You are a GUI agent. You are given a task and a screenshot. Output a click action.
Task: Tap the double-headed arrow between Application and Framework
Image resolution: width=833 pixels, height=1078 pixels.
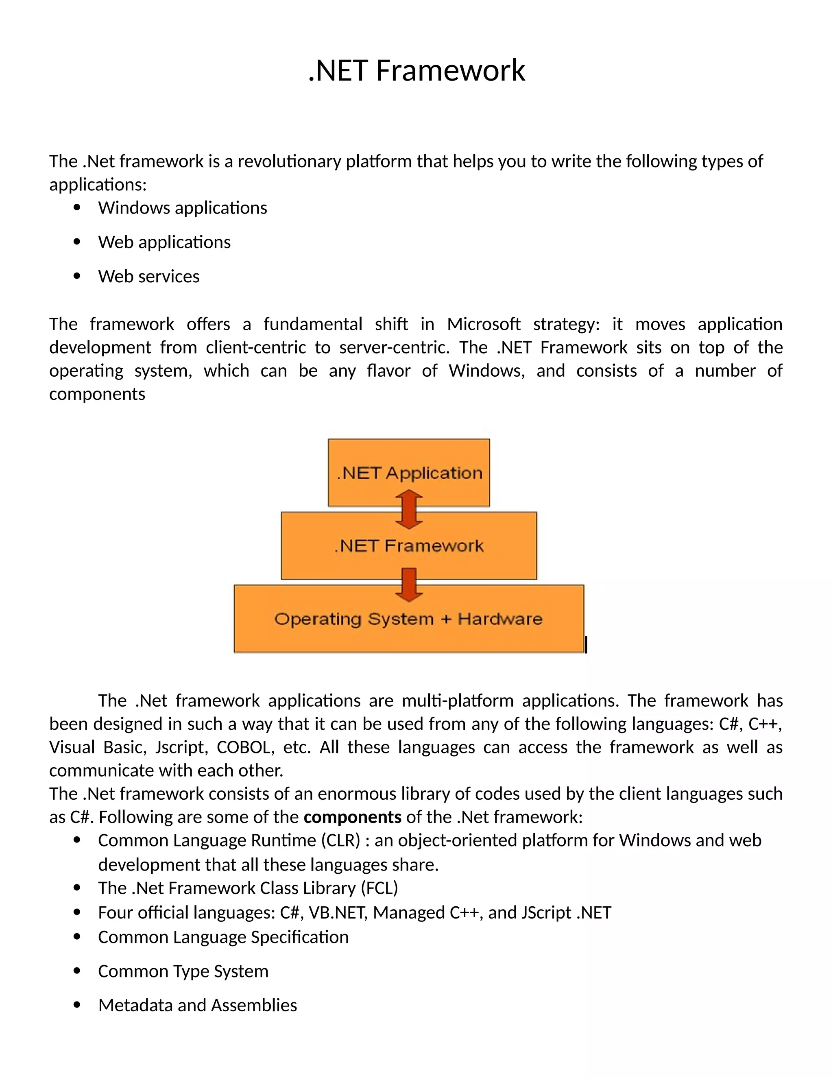pyautogui.click(x=409, y=509)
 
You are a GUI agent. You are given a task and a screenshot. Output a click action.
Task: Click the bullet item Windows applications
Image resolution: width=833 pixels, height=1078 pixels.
pyautogui.click(x=182, y=208)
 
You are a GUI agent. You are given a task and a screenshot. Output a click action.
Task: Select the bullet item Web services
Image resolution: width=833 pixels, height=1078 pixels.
pyautogui.click(x=148, y=276)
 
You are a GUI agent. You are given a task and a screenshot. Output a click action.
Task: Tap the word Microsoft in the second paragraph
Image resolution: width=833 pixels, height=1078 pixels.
pyautogui.click(x=484, y=324)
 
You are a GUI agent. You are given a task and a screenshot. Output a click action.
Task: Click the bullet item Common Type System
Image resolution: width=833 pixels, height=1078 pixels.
pyautogui.click(x=183, y=971)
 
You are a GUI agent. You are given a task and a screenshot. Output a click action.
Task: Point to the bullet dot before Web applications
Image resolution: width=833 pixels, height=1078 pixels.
pyautogui.click(x=76, y=242)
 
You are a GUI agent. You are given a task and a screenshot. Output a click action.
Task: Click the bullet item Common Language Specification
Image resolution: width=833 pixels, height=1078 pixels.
pyautogui.click(x=223, y=937)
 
